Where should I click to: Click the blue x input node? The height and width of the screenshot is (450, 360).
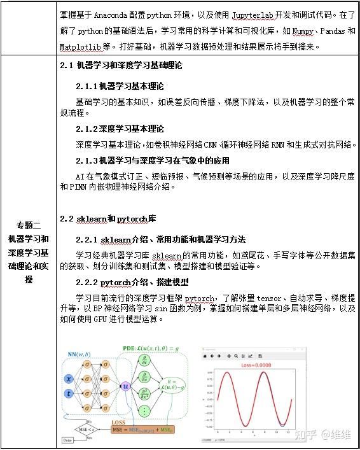(x=69, y=379)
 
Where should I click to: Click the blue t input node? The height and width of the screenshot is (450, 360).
(x=69, y=394)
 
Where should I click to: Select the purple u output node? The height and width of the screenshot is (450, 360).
(x=125, y=386)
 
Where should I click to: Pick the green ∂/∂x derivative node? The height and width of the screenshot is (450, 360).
(x=145, y=376)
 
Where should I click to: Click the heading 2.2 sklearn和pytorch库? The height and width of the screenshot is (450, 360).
(x=108, y=219)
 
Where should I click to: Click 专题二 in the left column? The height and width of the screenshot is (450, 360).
(x=29, y=225)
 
